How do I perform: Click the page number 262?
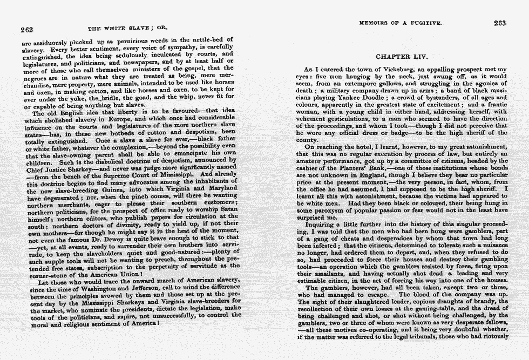tap(27, 30)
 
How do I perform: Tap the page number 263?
tap(499, 23)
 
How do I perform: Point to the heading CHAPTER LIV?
tap(402, 56)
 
